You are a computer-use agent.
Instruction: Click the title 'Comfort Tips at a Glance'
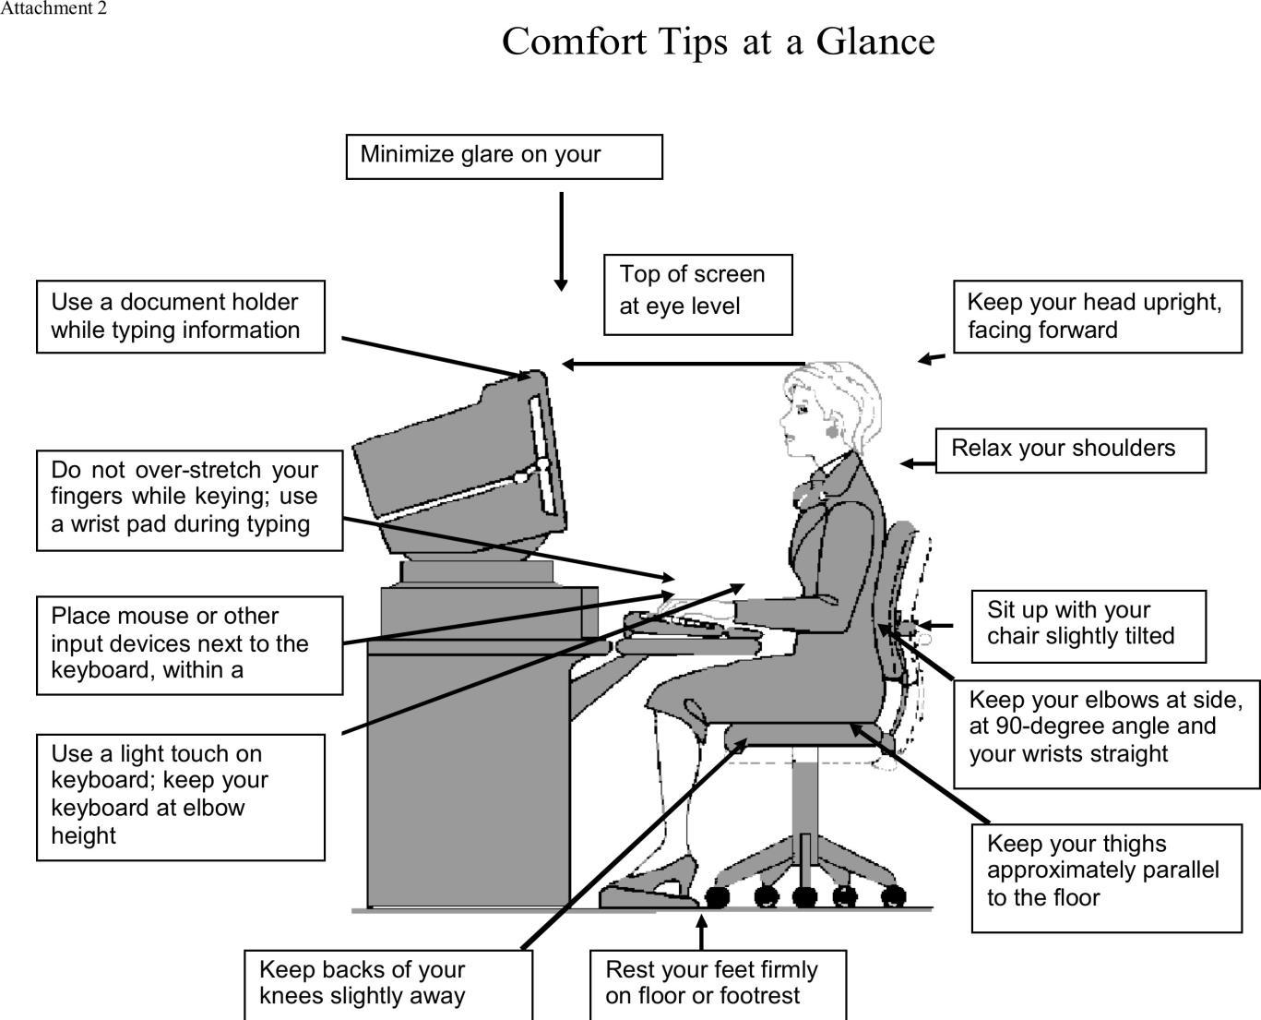point(718,42)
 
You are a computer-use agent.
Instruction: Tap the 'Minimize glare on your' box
point(504,156)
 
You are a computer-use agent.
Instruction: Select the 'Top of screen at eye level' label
point(697,294)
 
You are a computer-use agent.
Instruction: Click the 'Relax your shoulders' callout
point(1070,450)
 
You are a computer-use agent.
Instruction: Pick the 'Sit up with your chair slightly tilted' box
point(1088,625)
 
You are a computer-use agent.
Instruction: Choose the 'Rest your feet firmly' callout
point(717,984)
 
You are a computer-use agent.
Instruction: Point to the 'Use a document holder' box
point(180,316)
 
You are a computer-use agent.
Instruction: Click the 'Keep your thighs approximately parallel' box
point(1105,877)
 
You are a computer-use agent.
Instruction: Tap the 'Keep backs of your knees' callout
point(387,984)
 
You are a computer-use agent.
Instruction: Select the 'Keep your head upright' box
point(1097,317)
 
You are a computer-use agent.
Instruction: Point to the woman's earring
point(832,431)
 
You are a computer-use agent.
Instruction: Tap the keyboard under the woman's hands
point(678,624)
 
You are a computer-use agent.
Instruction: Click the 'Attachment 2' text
point(53,8)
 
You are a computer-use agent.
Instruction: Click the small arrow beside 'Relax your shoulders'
point(917,462)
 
